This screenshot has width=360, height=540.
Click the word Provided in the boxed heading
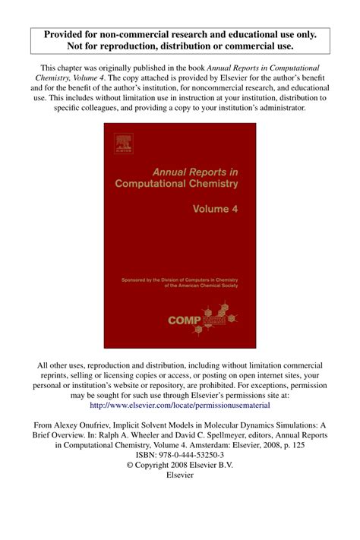[x=69, y=34]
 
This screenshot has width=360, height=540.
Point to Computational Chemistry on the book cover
[x=175, y=183]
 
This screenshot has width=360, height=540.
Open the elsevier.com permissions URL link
[x=179, y=406]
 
